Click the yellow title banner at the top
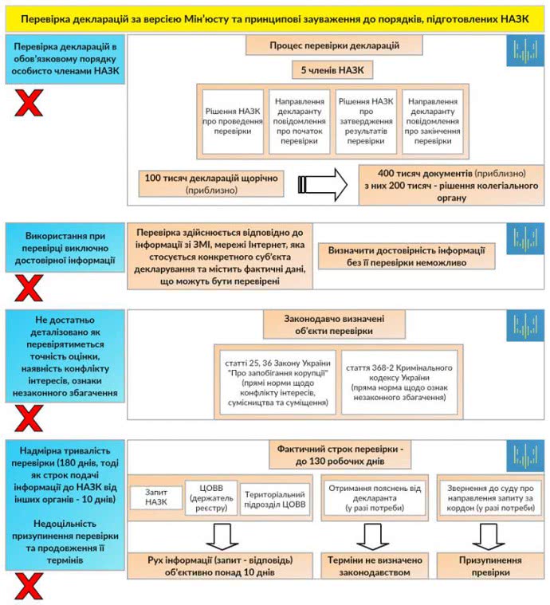point(274,17)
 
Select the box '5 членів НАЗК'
point(332,71)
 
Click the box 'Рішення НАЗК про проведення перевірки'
point(232,121)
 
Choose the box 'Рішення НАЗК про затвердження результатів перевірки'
point(365,121)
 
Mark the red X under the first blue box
point(29,103)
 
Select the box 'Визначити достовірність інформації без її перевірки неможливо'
point(407,256)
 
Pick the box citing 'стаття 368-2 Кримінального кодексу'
point(399,382)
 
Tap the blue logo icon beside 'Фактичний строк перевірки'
point(524,455)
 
